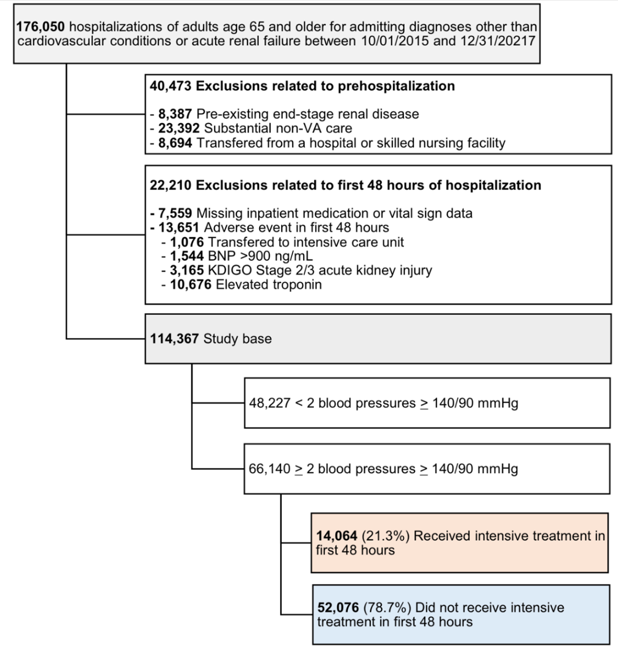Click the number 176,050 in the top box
[x=41, y=27]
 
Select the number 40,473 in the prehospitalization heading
[x=170, y=86]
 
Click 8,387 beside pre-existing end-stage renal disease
[x=175, y=114]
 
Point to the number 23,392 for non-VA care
[x=179, y=128]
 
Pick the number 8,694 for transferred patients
[x=175, y=143]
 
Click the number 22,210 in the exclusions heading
[x=170, y=185]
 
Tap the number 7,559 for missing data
[x=175, y=213]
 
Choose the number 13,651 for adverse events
[x=179, y=228]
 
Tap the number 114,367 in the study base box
[x=174, y=339]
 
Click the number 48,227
[x=270, y=403]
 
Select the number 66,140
[x=269, y=469]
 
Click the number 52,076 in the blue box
[x=338, y=607]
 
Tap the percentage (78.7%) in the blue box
[x=387, y=607]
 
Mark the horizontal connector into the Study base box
[x=106, y=339]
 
